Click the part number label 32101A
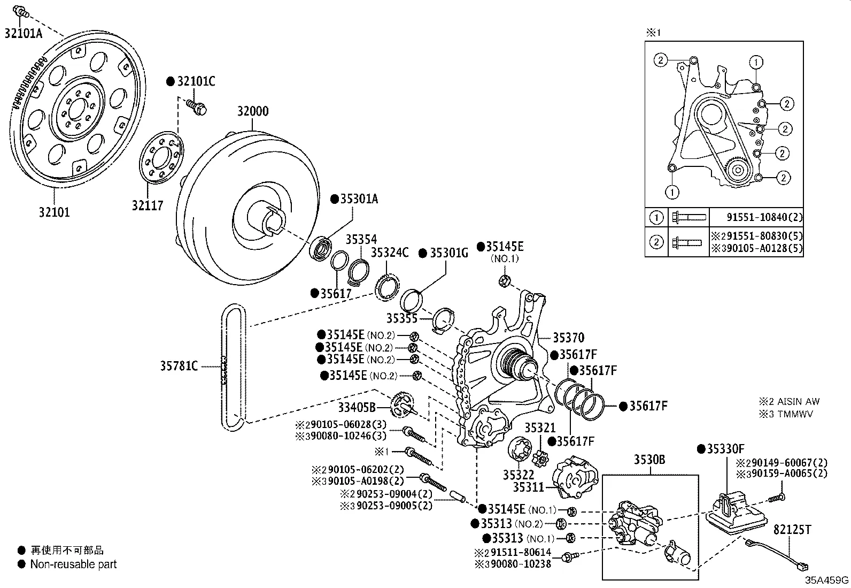(x=23, y=33)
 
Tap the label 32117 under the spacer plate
(x=148, y=205)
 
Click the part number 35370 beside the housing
(x=568, y=338)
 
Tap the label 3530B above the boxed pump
(x=649, y=459)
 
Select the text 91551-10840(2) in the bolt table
(x=764, y=217)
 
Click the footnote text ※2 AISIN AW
(x=788, y=401)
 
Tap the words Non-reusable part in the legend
(x=73, y=564)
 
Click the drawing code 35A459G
(x=827, y=580)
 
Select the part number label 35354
(x=361, y=239)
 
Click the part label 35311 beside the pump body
(x=528, y=487)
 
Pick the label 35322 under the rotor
(x=519, y=475)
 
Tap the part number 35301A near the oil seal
(x=359, y=199)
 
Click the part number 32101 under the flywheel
(x=54, y=212)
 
